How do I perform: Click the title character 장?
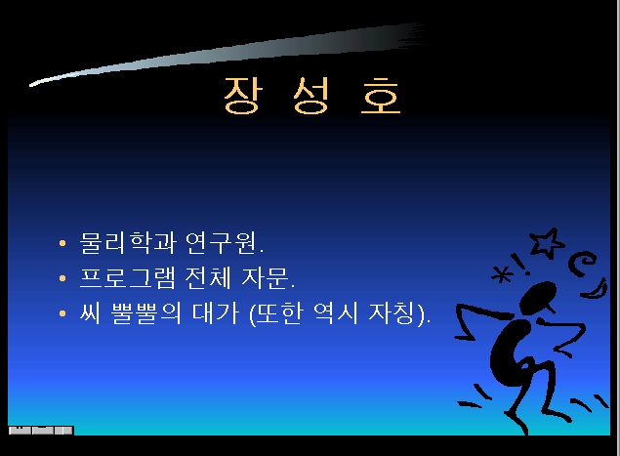click(243, 95)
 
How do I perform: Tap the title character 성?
click(311, 95)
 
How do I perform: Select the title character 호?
click(381, 95)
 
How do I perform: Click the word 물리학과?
click(128, 242)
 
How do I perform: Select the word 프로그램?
click(128, 277)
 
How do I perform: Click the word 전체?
click(208, 277)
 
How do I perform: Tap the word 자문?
click(265, 277)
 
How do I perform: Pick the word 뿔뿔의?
click(145, 313)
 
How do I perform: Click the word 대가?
click(216, 313)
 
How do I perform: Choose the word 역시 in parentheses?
click(336, 313)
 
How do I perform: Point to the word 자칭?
click(392, 313)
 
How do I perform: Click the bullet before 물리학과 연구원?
click(62, 243)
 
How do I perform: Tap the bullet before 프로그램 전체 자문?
click(62, 278)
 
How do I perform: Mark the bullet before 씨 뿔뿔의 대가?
click(62, 313)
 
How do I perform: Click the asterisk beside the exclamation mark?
click(502, 274)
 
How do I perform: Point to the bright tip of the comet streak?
click(32, 84)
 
